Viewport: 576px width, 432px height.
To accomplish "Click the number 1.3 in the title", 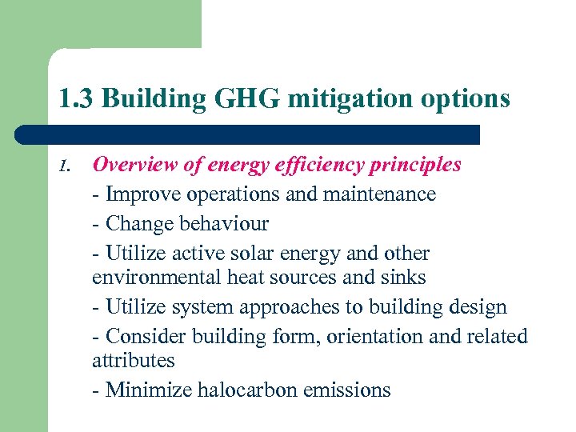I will click(x=76, y=99).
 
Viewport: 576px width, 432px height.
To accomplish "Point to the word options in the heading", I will click(x=471, y=99).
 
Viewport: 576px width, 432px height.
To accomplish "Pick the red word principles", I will click(x=418, y=165).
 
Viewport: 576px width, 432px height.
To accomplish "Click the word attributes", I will click(x=133, y=361).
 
